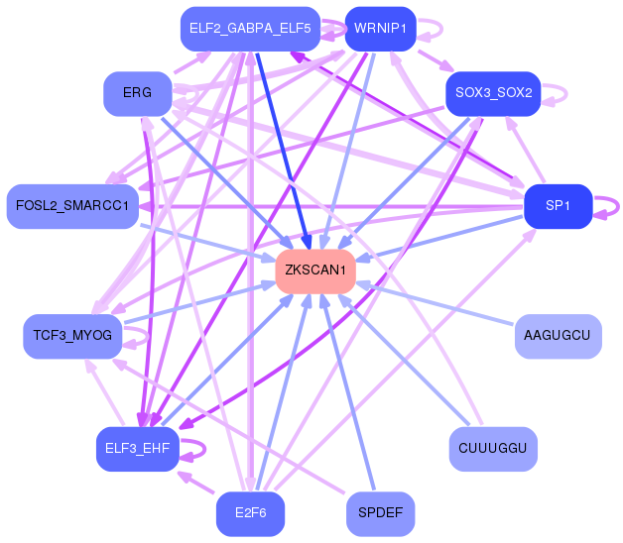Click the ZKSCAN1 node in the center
tap(315, 271)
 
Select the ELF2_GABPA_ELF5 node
tap(249, 29)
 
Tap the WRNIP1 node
tap(380, 29)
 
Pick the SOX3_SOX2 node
tap(493, 94)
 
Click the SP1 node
tap(558, 206)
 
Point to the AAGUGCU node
tap(558, 336)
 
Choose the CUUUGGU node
tap(493, 450)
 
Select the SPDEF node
tap(380, 514)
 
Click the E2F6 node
tap(249, 514)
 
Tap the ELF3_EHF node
tap(136, 449)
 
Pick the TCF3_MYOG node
tap(71, 337)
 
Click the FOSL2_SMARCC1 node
tap(71, 206)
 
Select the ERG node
tap(136, 94)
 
